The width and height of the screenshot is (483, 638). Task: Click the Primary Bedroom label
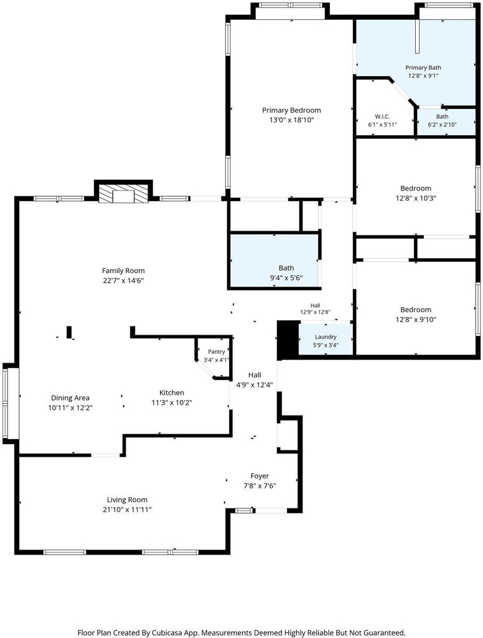point(291,110)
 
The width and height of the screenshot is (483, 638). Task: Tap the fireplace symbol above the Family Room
point(123,194)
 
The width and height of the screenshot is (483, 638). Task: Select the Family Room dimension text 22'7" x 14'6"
point(123,280)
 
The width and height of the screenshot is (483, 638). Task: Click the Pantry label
point(217,351)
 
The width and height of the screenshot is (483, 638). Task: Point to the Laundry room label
point(326,337)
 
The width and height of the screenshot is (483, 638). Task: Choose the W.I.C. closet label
point(382,117)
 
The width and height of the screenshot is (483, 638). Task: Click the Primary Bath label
point(423,67)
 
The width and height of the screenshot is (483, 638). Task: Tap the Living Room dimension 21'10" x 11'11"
point(127,510)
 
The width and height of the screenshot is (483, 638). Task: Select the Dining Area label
point(70,398)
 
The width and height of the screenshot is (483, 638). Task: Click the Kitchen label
point(172,393)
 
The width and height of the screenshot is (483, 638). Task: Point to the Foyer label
point(260,476)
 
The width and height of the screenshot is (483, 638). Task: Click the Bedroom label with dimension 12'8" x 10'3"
point(416,188)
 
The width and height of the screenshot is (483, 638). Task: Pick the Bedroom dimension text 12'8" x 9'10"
point(416,320)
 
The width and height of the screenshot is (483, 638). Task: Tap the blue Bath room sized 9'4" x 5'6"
point(274,261)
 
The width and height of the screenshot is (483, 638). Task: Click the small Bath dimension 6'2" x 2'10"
point(442,125)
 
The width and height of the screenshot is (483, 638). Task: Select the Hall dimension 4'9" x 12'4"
point(255,385)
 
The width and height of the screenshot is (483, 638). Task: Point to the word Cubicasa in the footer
point(167,633)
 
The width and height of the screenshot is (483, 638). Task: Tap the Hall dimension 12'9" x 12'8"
point(315,312)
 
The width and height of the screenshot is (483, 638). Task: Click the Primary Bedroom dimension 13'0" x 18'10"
point(291,120)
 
